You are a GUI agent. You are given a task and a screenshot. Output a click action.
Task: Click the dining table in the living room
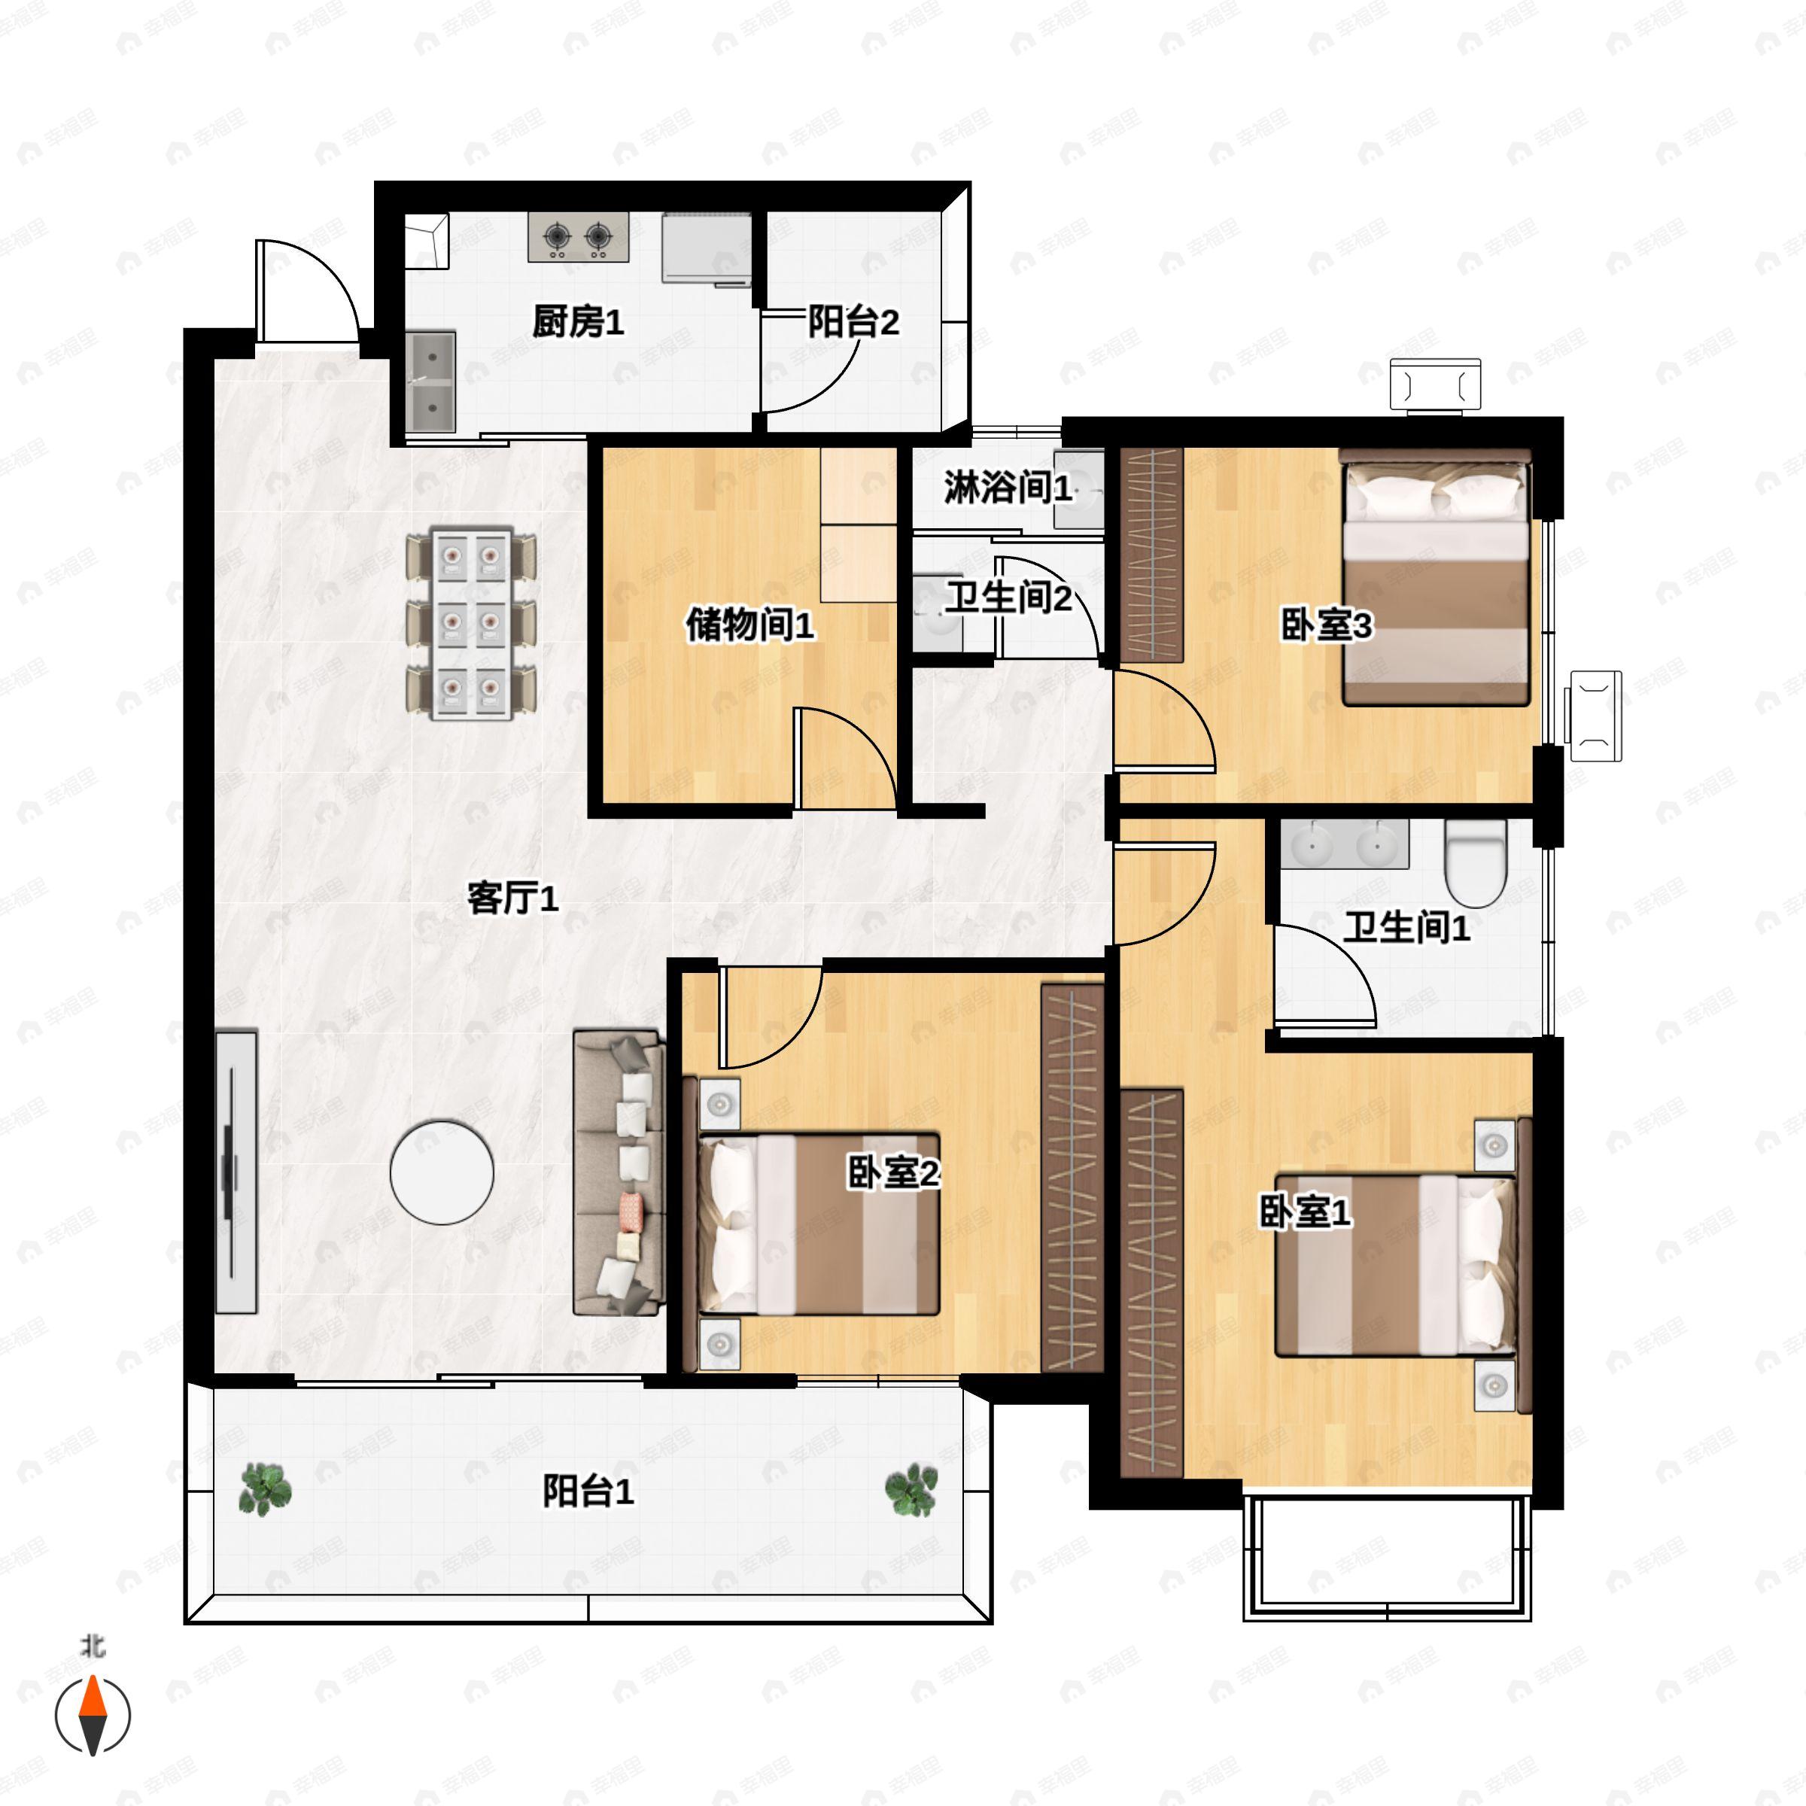(471, 624)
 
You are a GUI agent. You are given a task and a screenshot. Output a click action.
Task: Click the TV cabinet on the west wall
(236, 1172)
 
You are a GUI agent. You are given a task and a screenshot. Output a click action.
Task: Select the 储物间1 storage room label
(749, 624)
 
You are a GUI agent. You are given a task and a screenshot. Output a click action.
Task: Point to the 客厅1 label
(512, 898)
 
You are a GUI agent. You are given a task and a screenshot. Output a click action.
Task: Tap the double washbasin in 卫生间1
(1344, 844)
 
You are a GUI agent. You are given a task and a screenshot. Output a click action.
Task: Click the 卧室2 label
(892, 1172)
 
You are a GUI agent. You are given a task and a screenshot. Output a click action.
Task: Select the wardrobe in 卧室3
(1151, 555)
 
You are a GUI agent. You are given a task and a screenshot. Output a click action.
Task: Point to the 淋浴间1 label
(1008, 487)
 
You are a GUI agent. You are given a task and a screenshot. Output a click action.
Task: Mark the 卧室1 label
(1305, 1212)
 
